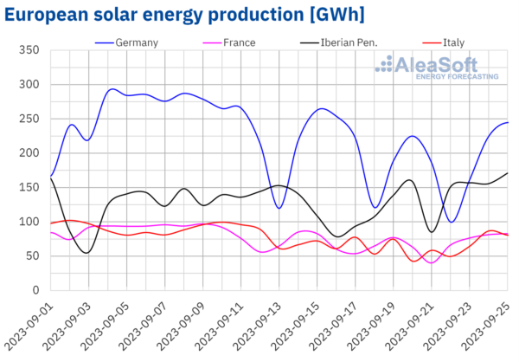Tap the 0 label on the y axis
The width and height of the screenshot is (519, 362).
click(35, 290)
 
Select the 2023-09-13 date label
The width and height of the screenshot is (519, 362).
click(266, 326)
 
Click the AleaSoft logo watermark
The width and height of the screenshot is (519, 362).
click(437, 68)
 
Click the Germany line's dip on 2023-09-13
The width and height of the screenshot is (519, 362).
click(279, 208)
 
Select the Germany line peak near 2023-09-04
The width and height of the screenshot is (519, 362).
click(112, 88)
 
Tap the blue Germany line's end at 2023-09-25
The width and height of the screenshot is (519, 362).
click(507, 122)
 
